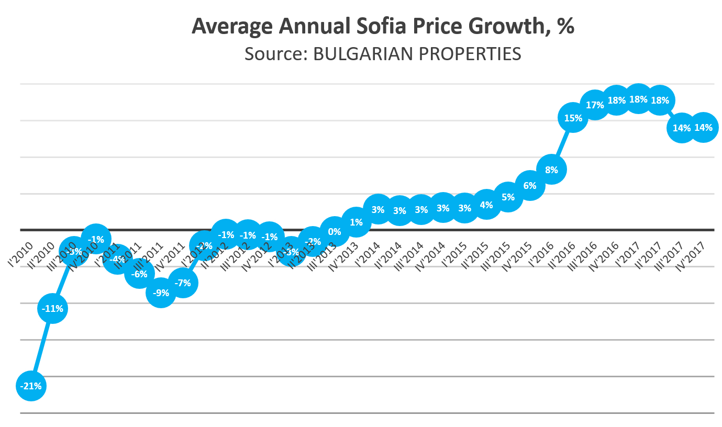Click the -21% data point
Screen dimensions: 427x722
click(x=31, y=386)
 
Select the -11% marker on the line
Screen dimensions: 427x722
click(x=53, y=309)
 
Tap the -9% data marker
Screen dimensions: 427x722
click(x=161, y=293)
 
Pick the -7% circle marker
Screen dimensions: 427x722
click(x=183, y=283)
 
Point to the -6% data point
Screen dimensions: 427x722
click(x=139, y=273)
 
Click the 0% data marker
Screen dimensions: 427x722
click(x=334, y=231)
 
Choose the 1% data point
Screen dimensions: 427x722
click(x=356, y=222)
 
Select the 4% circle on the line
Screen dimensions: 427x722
click(x=486, y=205)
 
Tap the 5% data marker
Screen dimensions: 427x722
click(x=508, y=197)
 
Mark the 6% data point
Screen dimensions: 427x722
click(x=529, y=185)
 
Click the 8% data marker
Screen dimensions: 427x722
click(x=551, y=170)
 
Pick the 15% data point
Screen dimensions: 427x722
click(x=573, y=118)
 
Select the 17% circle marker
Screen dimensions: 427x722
click(x=595, y=105)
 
